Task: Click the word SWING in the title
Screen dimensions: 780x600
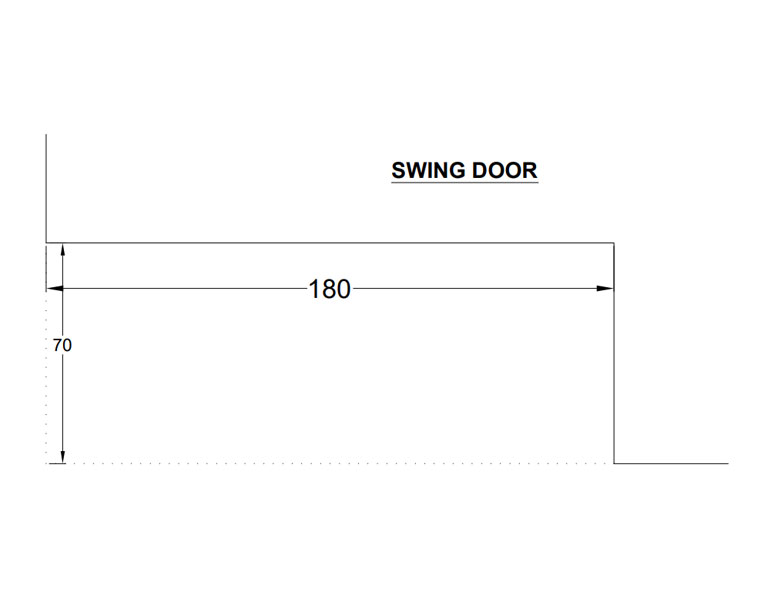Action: [x=429, y=170]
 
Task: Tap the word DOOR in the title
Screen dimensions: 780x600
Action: [x=505, y=170]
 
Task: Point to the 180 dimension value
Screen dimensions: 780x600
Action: [x=329, y=289]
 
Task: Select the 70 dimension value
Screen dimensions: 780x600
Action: [x=62, y=345]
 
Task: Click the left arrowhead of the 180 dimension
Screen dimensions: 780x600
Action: [x=54, y=288]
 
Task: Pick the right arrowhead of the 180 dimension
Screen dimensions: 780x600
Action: [x=605, y=288]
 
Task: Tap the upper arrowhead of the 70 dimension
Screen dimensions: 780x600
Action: [x=63, y=249]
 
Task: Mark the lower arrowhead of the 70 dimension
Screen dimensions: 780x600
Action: [x=63, y=457]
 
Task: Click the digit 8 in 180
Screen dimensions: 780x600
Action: [x=329, y=289]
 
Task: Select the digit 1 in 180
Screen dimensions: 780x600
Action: [x=314, y=289]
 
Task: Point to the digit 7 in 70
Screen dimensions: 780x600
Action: [x=57, y=345]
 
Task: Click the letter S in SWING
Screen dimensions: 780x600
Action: [x=399, y=170]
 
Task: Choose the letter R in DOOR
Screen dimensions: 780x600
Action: [x=530, y=170]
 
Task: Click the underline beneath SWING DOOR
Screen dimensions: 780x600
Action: [x=465, y=183]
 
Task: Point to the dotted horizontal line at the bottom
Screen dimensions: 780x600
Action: [x=329, y=464]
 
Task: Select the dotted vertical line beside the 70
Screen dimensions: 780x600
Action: [x=46, y=377]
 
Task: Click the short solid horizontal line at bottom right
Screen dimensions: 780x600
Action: [x=671, y=464]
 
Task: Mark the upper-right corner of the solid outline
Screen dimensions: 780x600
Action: [x=614, y=243]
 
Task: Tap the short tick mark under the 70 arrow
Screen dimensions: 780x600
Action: [x=57, y=464]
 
